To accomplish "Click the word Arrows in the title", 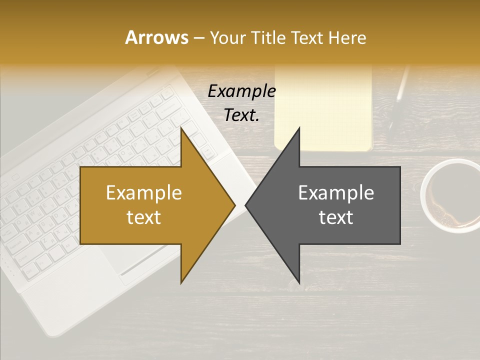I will point(156,37).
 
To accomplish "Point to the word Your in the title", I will point(228,37).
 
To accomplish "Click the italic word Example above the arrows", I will point(241,91).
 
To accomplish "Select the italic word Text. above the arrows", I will point(241,115).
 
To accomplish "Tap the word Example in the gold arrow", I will point(144,193).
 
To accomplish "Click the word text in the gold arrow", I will point(144,217).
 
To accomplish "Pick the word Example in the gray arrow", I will point(336,193).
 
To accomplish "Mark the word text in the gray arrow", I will point(336,217).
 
